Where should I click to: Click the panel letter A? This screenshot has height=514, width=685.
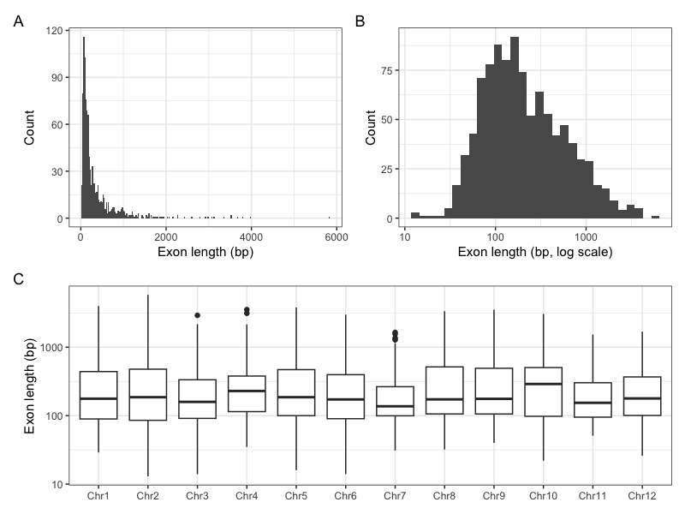[x=18, y=21]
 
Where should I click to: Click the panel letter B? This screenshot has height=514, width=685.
[x=360, y=21]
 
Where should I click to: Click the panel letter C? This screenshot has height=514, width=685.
[x=18, y=279]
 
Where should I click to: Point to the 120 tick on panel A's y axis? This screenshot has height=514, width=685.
[x=54, y=31]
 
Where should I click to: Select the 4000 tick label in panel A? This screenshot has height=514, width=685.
[x=251, y=237]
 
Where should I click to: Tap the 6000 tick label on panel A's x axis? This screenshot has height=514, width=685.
[x=337, y=237]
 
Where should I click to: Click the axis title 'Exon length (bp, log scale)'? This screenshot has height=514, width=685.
[x=535, y=252]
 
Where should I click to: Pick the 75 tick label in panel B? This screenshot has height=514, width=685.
[x=387, y=70]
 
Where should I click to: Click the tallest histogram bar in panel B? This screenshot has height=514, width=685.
[x=515, y=128]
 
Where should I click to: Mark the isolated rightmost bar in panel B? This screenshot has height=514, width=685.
[x=655, y=218]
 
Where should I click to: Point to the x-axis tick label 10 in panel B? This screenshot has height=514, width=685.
[x=405, y=237]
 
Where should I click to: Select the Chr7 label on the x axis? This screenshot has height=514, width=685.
[x=395, y=496]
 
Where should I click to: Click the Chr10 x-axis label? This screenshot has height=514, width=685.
[x=544, y=496]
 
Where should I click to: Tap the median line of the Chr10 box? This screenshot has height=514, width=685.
[x=544, y=384]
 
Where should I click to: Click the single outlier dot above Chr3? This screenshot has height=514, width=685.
[x=198, y=315]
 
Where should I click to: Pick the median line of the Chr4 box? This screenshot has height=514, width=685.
[x=247, y=391]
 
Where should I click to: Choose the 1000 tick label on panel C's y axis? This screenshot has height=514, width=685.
[x=51, y=348]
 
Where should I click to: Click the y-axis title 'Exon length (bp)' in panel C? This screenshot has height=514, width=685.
[x=29, y=386]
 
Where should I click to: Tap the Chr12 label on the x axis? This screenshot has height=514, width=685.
[x=642, y=496]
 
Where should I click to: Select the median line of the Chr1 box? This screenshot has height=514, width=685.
[x=98, y=398]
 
